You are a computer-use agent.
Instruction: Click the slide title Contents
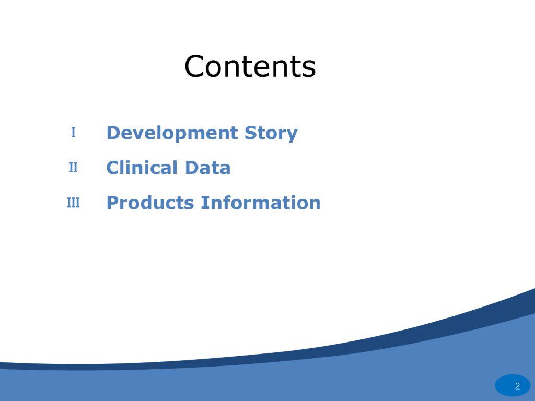[250, 66]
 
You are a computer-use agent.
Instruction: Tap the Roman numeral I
[73, 132]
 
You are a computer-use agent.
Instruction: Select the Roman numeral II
[73, 168]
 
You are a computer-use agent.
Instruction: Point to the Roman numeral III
[73, 203]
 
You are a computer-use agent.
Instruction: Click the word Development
[172, 133]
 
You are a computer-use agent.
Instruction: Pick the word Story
[271, 133]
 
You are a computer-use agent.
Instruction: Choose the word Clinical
[142, 168]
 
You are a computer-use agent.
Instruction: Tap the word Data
[207, 168]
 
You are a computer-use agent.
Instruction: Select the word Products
[150, 203]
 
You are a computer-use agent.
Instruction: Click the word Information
[261, 203]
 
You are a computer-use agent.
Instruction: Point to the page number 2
[517, 386]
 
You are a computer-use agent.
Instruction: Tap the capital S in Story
[251, 133]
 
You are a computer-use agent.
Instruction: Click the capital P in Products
[113, 203]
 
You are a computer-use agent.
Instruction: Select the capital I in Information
[203, 203]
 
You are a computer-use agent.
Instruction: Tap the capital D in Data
[192, 168]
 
